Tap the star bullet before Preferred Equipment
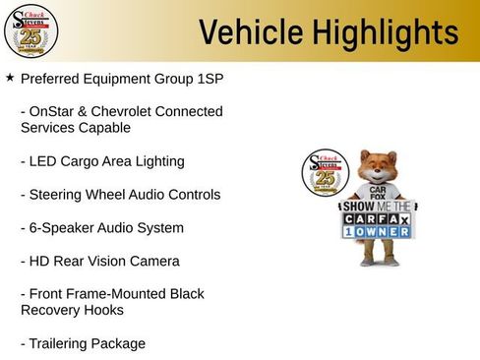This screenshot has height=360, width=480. pos(10,76)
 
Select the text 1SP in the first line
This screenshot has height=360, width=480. pos(195,77)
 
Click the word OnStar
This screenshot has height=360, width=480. pos(56,111)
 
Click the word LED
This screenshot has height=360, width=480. pos(44,160)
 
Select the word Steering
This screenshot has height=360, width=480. pos(59,194)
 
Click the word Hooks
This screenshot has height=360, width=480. pos(105,310)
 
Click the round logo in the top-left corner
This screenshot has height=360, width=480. pos(31,31)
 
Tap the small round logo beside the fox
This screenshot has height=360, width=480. pos(324,175)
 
